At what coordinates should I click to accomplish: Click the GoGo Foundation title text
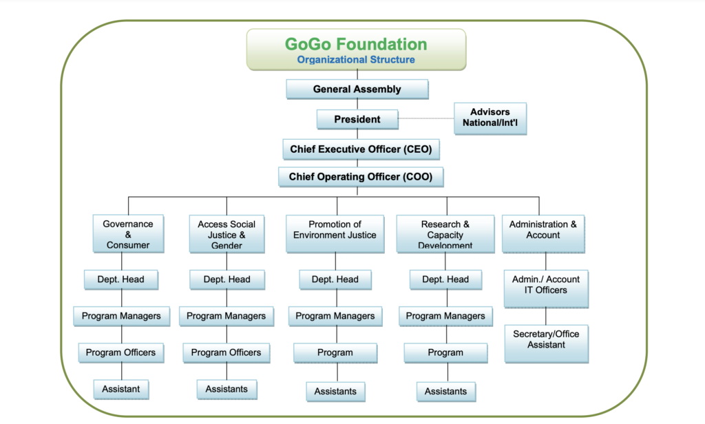coord(356,44)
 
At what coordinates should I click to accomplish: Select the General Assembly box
coord(357,89)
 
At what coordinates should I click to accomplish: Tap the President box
coord(357,119)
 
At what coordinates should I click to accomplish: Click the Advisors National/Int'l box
coord(490,118)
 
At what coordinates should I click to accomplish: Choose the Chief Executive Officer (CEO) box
coord(361,149)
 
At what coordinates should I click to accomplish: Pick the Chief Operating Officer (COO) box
coord(361,177)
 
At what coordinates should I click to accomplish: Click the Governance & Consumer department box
coord(128,234)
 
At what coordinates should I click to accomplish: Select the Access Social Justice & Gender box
coord(227,234)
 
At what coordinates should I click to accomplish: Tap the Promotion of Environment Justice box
coord(335,234)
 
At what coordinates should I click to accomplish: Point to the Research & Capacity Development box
coord(445,234)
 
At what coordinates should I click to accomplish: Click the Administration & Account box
coord(543,234)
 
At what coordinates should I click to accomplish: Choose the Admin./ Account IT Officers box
coord(546,288)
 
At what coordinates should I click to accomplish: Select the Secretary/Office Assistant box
coord(546,343)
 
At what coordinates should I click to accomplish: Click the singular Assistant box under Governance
coord(121,389)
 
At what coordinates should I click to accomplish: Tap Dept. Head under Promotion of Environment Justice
coord(335,279)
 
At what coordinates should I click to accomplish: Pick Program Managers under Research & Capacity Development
coord(445,316)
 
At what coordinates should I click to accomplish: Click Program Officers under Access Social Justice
coord(226,352)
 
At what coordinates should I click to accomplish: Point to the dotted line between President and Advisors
coord(426,118)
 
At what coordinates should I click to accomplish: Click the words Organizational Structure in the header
coord(356,60)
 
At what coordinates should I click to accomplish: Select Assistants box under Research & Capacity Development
coord(445,392)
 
